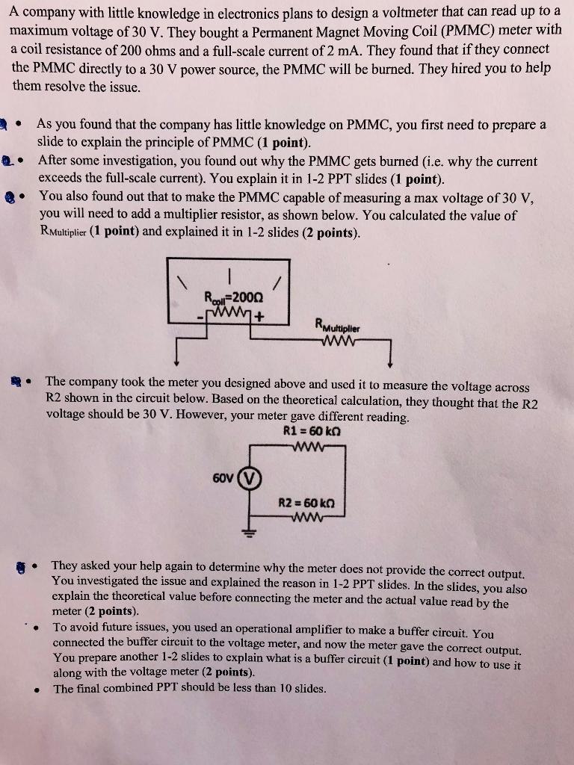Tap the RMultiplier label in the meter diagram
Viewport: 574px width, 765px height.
[x=337, y=326]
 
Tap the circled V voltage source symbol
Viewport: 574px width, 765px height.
[x=250, y=476]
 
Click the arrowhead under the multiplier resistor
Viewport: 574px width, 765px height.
[x=390, y=364]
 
